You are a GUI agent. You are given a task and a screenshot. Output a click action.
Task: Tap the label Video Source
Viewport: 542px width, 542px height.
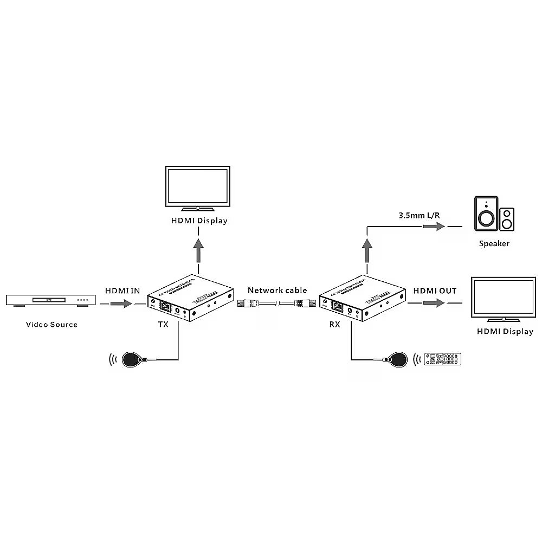52,325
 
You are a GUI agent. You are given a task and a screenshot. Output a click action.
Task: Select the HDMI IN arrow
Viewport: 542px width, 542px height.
121,304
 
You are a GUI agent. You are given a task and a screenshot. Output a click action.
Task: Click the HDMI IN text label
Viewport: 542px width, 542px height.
122,291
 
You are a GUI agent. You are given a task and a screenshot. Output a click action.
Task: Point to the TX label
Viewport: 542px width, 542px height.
163,325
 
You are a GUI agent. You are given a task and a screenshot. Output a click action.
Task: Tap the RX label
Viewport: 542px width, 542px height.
334,325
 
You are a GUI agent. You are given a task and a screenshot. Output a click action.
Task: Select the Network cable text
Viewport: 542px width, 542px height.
278,291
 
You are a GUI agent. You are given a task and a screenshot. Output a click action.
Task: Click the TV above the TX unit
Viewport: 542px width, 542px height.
199,189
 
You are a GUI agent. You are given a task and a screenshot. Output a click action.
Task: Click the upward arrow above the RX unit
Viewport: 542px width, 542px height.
369,250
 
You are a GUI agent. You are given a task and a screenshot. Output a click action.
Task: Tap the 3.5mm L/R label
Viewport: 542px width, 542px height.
419,215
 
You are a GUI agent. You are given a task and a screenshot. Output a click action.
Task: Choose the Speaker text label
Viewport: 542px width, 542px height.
494,244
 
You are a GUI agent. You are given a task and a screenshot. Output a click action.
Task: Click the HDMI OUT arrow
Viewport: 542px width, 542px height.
434,304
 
